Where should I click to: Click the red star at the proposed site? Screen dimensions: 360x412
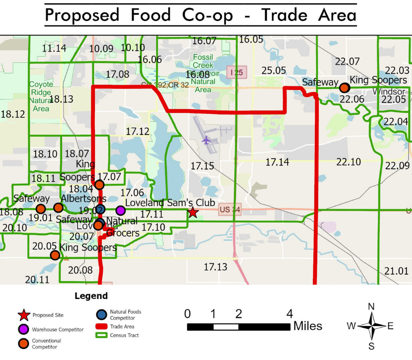click(x=193, y=212)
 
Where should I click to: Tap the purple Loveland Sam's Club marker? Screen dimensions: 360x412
click(x=121, y=210)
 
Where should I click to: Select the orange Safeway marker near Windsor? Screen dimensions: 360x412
click(x=344, y=88)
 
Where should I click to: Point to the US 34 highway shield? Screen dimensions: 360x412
click(x=227, y=210)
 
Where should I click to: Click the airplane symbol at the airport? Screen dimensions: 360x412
click(x=206, y=140)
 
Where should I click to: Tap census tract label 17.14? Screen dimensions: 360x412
click(x=277, y=163)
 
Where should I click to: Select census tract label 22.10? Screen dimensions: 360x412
click(x=349, y=162)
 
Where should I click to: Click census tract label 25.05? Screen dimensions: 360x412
click(x=274, y=71)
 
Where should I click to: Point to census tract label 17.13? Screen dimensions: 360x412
click(x=216, y=267)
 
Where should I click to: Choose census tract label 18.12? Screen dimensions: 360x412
click(x=13, y=114)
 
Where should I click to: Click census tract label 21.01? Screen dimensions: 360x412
click(x=396, y=271)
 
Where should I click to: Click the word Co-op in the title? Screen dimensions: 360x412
click(x=207, y=15)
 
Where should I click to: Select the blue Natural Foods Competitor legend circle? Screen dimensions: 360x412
click(x=101, y=315)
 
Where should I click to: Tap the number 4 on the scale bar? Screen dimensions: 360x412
click(x=289, y=314)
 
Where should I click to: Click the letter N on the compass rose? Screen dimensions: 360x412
click(x=371, y=306)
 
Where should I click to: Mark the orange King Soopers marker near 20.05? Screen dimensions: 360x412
click(x=55, y=255)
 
